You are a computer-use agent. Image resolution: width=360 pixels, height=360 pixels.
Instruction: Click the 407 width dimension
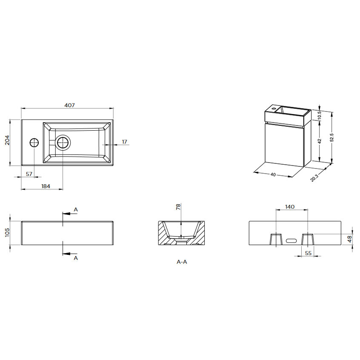[69, 105]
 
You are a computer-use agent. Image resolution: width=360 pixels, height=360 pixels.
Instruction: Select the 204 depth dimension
[7, 140]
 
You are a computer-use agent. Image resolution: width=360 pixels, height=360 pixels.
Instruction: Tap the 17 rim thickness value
[124, 142]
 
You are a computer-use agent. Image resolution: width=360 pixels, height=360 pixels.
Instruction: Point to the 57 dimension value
[29, 174]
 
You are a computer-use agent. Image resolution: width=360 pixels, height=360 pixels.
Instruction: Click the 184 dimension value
[46, 186]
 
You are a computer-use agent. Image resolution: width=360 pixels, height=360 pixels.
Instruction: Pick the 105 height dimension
[7, 232]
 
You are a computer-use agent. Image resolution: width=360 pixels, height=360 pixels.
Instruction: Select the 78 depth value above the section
[178, 207]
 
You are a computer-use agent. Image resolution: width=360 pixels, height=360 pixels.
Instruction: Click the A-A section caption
[182, 262]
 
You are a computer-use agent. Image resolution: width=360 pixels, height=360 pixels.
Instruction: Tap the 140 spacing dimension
[290, 207]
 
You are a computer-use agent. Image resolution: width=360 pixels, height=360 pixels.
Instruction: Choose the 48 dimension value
[349, 239]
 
